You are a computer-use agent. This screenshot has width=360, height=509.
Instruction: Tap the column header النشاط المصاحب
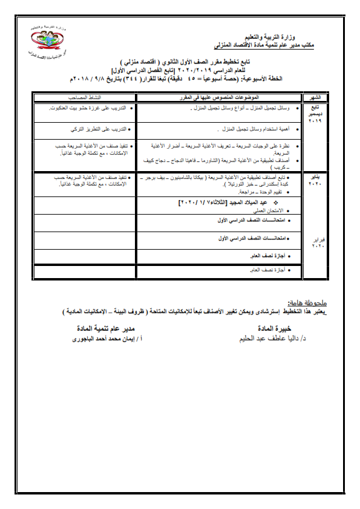pyautogui.click(x=87, y=97)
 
